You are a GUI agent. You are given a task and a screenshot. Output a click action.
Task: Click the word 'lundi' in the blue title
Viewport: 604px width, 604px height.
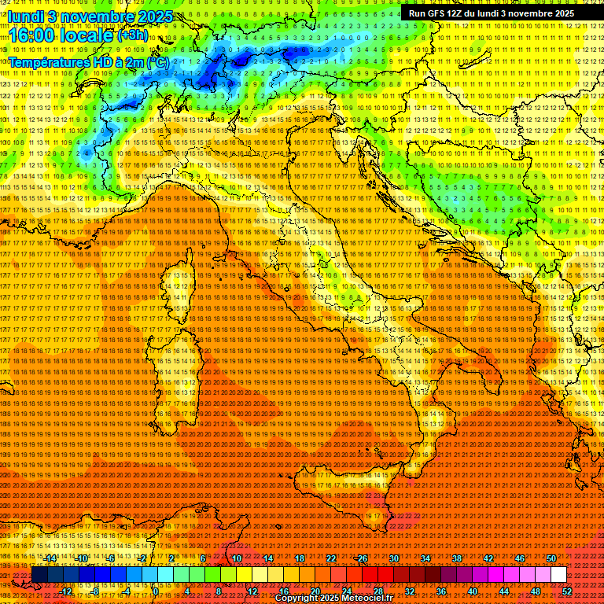(25, 16)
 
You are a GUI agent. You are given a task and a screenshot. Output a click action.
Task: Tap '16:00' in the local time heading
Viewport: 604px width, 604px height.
(30, 35)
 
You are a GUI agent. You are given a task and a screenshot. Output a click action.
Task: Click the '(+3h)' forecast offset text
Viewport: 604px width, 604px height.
(132, 35)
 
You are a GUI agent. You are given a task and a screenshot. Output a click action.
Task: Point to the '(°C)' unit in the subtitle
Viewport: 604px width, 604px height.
(155, 61)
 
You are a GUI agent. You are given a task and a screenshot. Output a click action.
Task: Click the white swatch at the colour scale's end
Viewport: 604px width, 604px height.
(558, 575)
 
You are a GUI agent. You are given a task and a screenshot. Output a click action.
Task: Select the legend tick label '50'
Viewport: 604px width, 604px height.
(551, 558)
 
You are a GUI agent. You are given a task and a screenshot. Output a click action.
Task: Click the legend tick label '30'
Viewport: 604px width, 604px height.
(394, 558)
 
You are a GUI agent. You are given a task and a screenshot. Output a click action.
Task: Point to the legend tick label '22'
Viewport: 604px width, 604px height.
(331, 558)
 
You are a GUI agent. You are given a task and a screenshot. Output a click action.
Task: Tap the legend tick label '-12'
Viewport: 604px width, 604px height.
(66, 591)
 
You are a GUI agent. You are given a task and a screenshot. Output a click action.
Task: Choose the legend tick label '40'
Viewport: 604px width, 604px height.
(473, 591)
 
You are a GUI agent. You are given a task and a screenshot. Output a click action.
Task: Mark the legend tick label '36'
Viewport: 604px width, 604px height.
(441, 591)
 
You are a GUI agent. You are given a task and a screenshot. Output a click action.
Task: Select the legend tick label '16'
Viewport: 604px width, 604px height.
(284, 591)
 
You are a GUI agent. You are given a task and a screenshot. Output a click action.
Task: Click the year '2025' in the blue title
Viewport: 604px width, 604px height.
(150, 16)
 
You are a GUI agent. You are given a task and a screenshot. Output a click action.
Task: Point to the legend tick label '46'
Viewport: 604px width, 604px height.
(520, 558)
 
